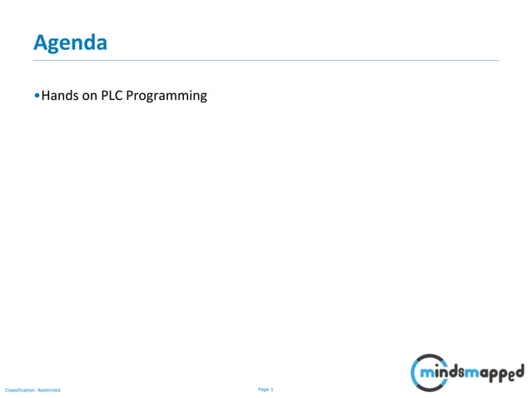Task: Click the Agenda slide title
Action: [x=70, y=42]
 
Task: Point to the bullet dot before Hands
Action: [x=37, y=96]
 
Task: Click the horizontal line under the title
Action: [x=266, y=60]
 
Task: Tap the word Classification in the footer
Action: [x=19, y=390]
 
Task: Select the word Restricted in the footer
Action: [x=49, y=390]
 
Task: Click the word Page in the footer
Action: [x=264, y=389]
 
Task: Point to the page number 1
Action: [x=272, y=389]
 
